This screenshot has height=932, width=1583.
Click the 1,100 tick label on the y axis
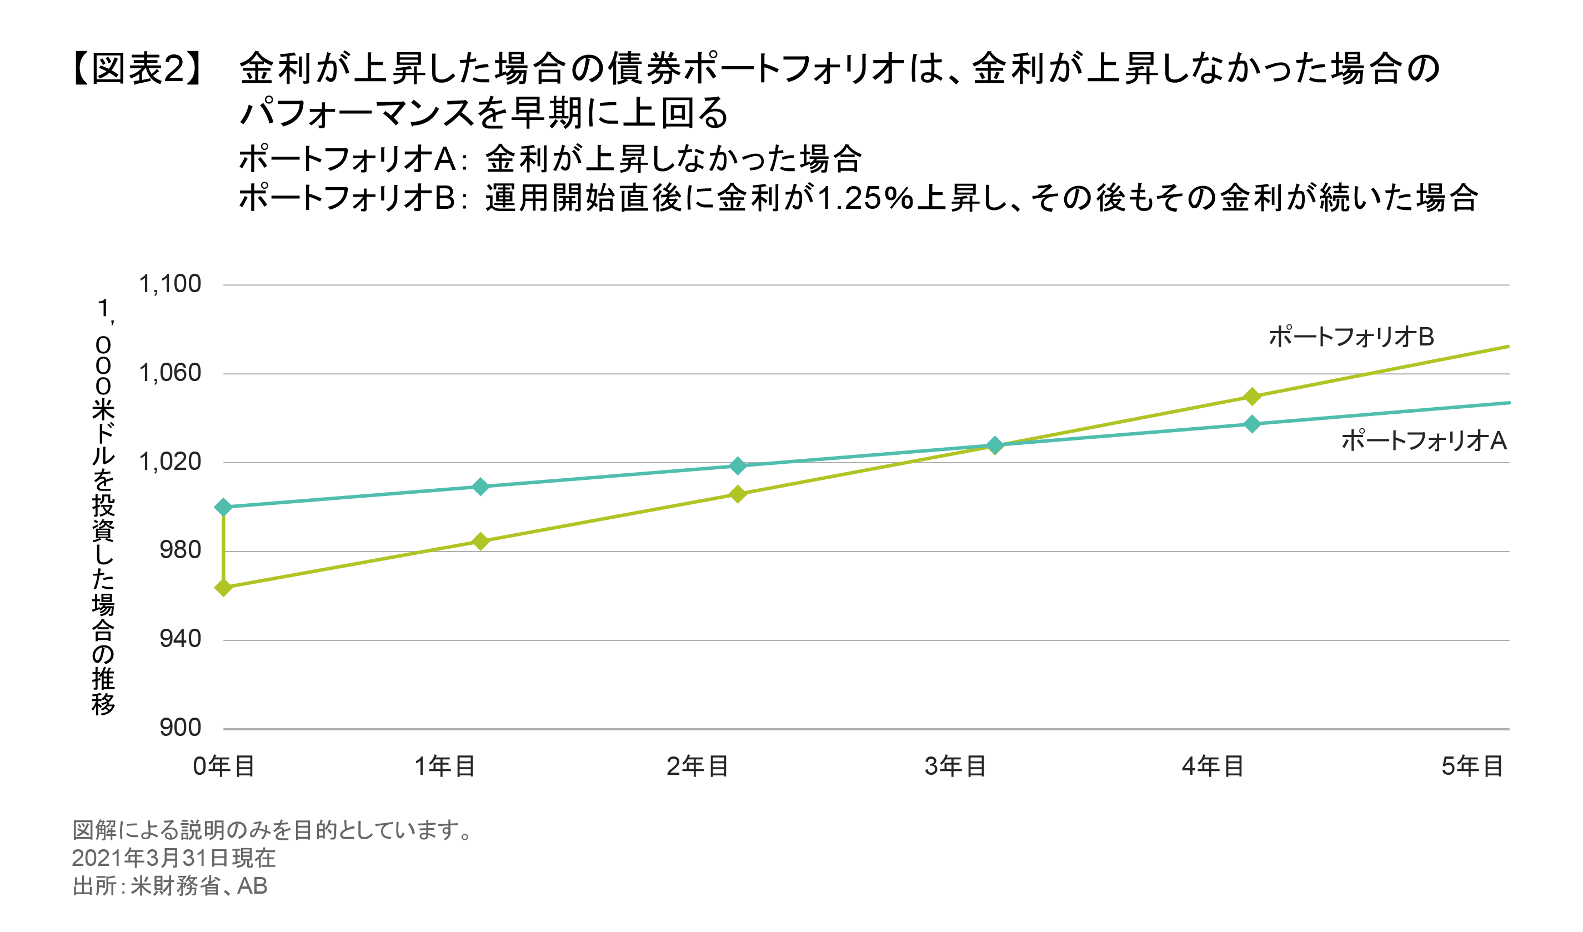(169, 284)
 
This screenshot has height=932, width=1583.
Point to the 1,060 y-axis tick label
(169, 374)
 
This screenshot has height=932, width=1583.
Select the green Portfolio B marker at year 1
(480, 541)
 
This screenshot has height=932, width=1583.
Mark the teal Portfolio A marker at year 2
(738, 465)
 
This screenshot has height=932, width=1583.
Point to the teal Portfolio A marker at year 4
(1252, 424)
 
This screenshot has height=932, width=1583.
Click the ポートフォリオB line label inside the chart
(1351, 337)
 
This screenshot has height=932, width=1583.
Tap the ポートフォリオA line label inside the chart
(1424, 441)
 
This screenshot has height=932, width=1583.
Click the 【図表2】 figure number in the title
(138, 68)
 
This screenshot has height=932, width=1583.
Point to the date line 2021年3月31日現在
(173, 858)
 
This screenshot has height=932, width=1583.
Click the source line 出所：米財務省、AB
(169, 886)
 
